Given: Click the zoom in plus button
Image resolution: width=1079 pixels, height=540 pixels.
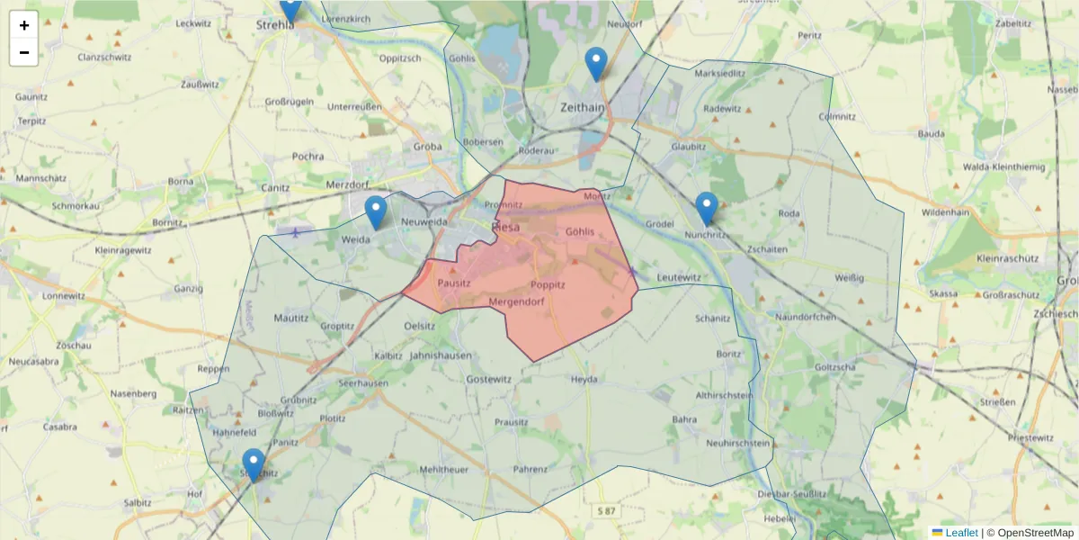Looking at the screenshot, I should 24,25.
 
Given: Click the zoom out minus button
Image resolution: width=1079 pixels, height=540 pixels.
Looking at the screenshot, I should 24,52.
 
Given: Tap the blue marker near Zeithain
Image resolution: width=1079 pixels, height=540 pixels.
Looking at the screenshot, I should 595,64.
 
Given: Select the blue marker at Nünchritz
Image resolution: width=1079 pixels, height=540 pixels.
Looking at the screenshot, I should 707,208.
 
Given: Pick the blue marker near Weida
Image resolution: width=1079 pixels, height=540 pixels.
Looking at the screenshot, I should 376,212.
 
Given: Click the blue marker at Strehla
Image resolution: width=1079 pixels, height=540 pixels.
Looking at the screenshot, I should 290,7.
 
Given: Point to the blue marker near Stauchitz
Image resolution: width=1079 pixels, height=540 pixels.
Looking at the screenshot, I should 254,465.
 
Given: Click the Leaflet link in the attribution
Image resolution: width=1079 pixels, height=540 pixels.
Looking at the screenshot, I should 961,533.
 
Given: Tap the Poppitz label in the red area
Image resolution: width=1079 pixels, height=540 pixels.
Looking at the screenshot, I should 548,284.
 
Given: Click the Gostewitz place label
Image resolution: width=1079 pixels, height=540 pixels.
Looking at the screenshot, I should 488,381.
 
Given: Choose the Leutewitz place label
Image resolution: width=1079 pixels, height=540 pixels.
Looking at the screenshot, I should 679,278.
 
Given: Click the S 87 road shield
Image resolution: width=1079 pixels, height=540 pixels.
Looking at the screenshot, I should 606,511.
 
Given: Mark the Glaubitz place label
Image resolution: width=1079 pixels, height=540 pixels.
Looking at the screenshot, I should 689,146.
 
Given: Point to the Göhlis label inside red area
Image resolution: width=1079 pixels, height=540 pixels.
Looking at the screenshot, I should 580,232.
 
